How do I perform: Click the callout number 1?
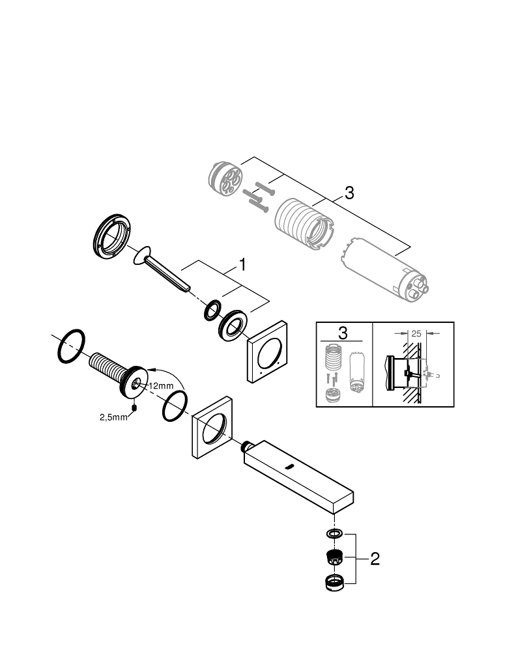coord(242,265)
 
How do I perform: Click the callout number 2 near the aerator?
coord(374,559)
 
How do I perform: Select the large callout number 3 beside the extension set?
coord(349,193)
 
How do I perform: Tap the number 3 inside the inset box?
coord(343,333)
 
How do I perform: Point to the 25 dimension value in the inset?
coord(417,333)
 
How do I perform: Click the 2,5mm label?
coord(113,417)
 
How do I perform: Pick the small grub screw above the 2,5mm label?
coord(134,408)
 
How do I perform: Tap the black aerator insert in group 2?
coord(334,558)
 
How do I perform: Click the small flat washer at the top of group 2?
coord(334,534)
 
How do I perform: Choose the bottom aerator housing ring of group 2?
coord(334,583)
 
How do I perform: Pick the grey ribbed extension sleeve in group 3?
coord(302,223)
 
